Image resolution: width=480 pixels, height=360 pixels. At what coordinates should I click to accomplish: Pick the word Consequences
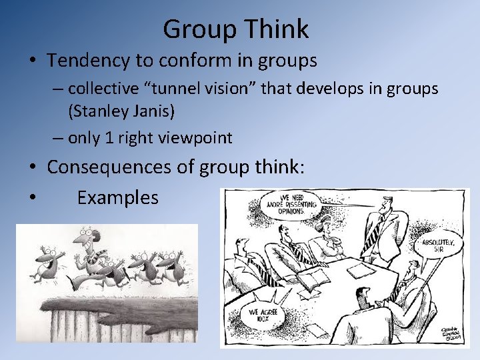(x=109, y=167)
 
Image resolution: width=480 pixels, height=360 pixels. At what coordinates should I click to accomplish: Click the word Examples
(x=117, y=197)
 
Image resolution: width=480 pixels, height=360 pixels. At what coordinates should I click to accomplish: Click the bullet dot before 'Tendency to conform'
(x=33, y=61)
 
